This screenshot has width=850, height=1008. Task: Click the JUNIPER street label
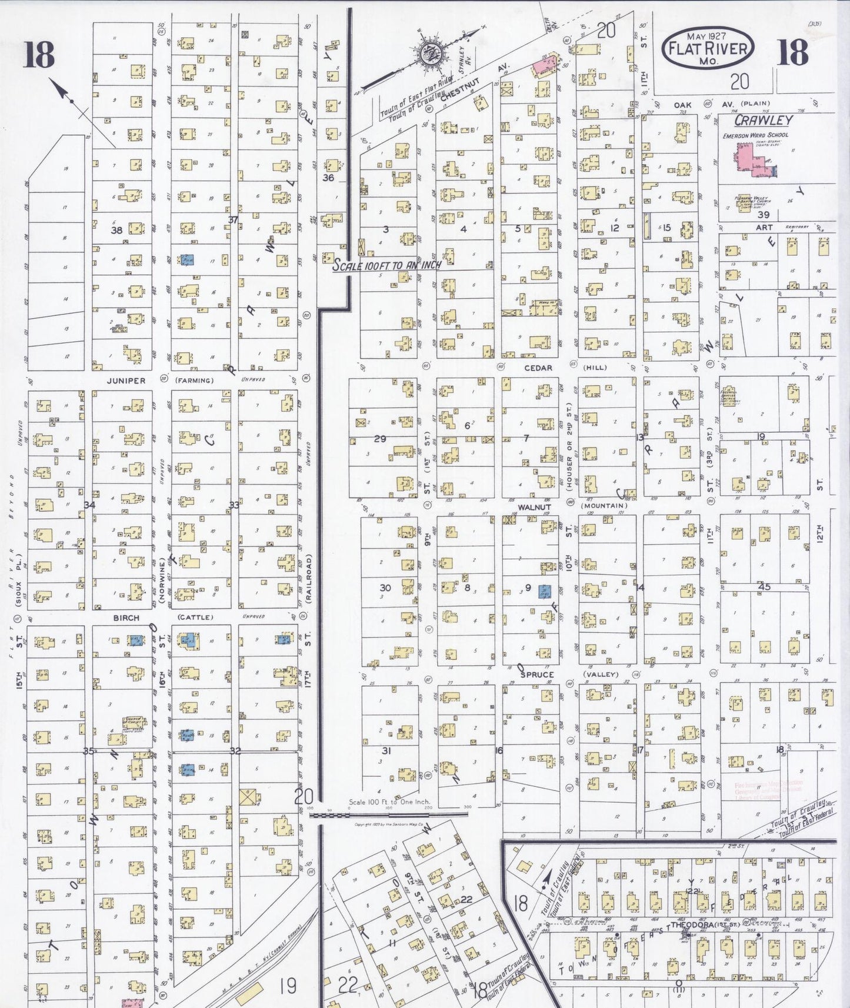tap(126, 380)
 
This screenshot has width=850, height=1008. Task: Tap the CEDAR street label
tap(538, 368)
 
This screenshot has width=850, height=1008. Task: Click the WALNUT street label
tap(534, 506)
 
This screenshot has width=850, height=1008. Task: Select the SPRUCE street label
tap(536, 675)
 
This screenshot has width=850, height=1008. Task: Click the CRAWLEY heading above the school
tap(764, 120)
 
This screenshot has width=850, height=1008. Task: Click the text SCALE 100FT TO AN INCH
tap(387, 265)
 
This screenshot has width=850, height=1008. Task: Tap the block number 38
tap(116, 230)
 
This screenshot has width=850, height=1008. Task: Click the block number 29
tap(380, 439)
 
